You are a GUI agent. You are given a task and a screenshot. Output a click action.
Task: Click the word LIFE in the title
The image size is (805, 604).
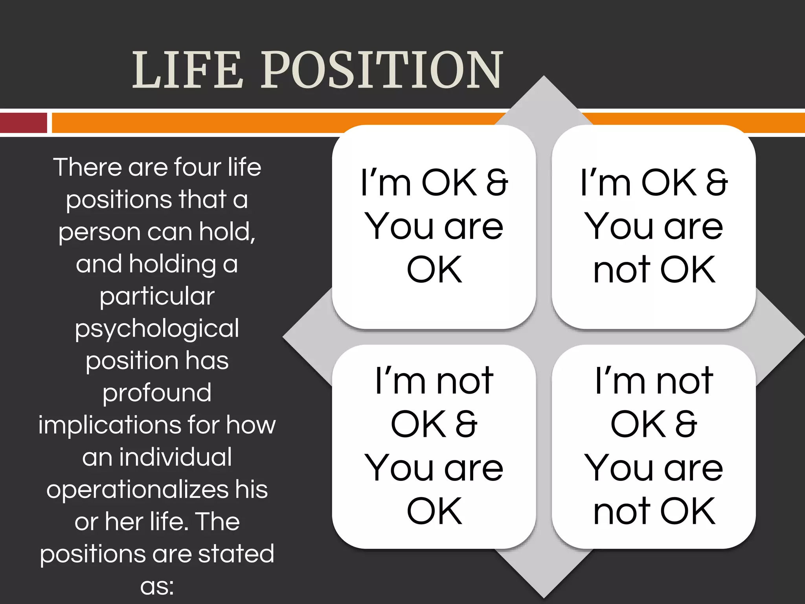(187, 70)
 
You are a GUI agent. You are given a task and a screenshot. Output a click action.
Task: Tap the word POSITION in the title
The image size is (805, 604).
(382, 70)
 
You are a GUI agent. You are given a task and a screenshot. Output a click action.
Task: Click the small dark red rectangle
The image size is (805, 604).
(24, 123)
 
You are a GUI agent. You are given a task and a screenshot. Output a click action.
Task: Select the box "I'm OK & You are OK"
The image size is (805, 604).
(434, 226)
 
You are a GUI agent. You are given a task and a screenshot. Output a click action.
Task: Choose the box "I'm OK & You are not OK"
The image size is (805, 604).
(654, 226)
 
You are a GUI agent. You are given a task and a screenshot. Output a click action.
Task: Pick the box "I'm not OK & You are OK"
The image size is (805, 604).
(434, 446)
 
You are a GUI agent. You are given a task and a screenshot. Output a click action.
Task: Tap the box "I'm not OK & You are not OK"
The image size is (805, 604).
(654, 446)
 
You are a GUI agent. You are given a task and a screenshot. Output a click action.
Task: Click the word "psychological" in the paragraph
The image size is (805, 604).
(157, 329)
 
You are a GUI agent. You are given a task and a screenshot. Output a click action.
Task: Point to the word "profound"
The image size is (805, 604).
(157, 393)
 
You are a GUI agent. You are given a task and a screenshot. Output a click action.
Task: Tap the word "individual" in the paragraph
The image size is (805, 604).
(175, 457)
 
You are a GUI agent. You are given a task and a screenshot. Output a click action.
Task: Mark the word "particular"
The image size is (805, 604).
(157, 296)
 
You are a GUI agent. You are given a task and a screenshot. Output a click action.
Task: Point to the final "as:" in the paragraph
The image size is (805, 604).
(157, 586)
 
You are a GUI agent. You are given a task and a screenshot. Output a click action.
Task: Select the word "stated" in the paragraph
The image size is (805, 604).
(236, 554)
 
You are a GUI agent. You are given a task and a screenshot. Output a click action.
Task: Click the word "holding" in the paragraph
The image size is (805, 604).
(173, 264)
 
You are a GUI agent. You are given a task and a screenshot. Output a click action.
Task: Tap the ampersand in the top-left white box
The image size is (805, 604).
(497, 182)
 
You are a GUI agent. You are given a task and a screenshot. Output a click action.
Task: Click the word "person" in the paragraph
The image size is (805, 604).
(99, 232)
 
